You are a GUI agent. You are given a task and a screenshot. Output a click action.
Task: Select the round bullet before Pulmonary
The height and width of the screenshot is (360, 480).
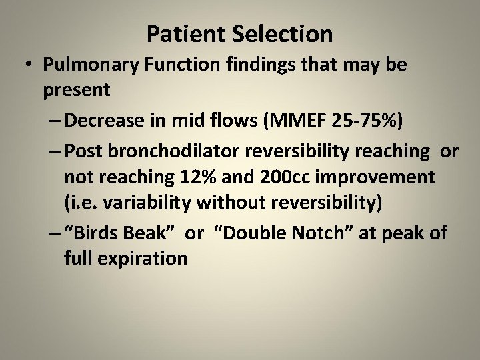coord(27,67)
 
